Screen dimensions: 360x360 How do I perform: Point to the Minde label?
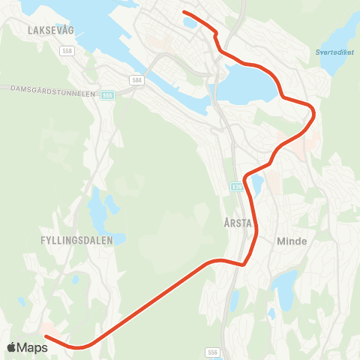tap(292, 241)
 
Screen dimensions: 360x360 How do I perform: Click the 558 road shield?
tap(68, 50)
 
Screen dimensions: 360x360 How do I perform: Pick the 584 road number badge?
tap(136, 79)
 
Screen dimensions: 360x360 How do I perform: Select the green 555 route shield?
tap(109, 95)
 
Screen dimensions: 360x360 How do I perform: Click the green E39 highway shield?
tap(237, 184)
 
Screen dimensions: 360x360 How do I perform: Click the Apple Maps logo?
tap(28, 347)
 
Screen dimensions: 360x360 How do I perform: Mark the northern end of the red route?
tap(184, 11)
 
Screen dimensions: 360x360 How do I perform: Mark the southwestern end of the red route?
tap(45, 335)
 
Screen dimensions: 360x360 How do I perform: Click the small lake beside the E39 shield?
tap(257, 184)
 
